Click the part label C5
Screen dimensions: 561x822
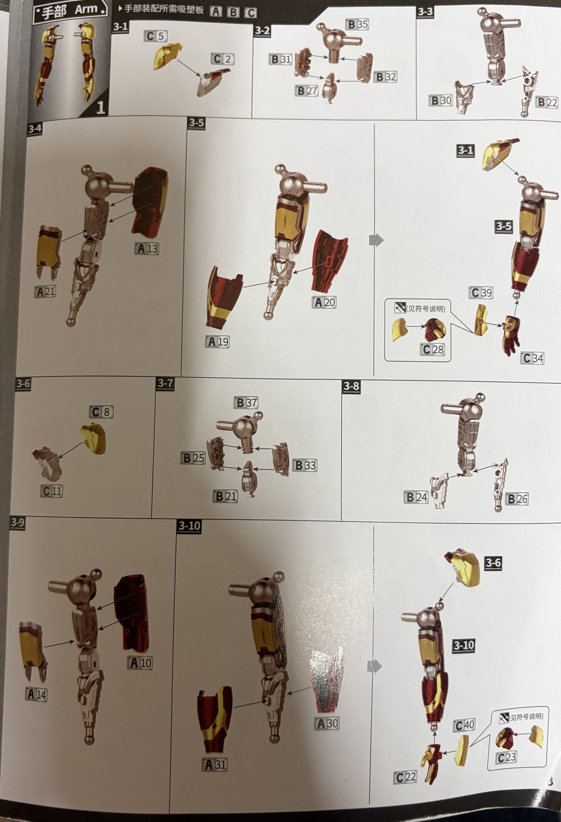[156, 36]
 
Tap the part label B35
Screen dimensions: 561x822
[357, 24]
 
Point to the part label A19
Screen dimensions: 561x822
[217, 342]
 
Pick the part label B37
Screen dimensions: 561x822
[246, 403]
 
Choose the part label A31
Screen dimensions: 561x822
[215, 765]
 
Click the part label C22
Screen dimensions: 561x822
[405, 777]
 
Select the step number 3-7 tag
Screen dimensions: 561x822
[165, 383]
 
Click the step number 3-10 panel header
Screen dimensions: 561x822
[189, 526]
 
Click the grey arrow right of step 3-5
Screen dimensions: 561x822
[376, 241]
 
